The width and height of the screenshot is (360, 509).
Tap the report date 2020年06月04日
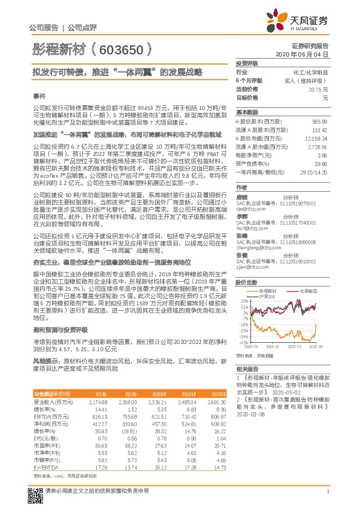(x=302, y=54)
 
